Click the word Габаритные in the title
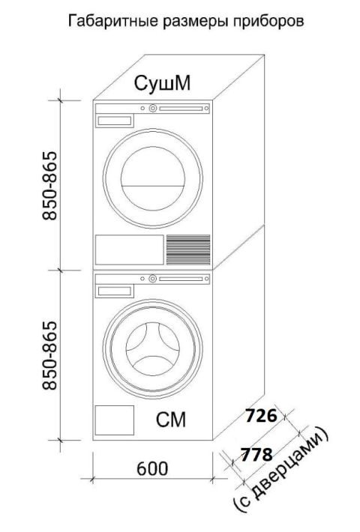(113, 21)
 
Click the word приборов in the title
(268, 21)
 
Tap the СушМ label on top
(162, 83)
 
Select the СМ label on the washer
(171, 420)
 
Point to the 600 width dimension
(152, 468)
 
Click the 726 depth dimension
(261, 415)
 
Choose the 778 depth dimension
(256, 454)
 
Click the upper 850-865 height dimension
(49, 185)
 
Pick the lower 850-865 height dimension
(49, 355)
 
